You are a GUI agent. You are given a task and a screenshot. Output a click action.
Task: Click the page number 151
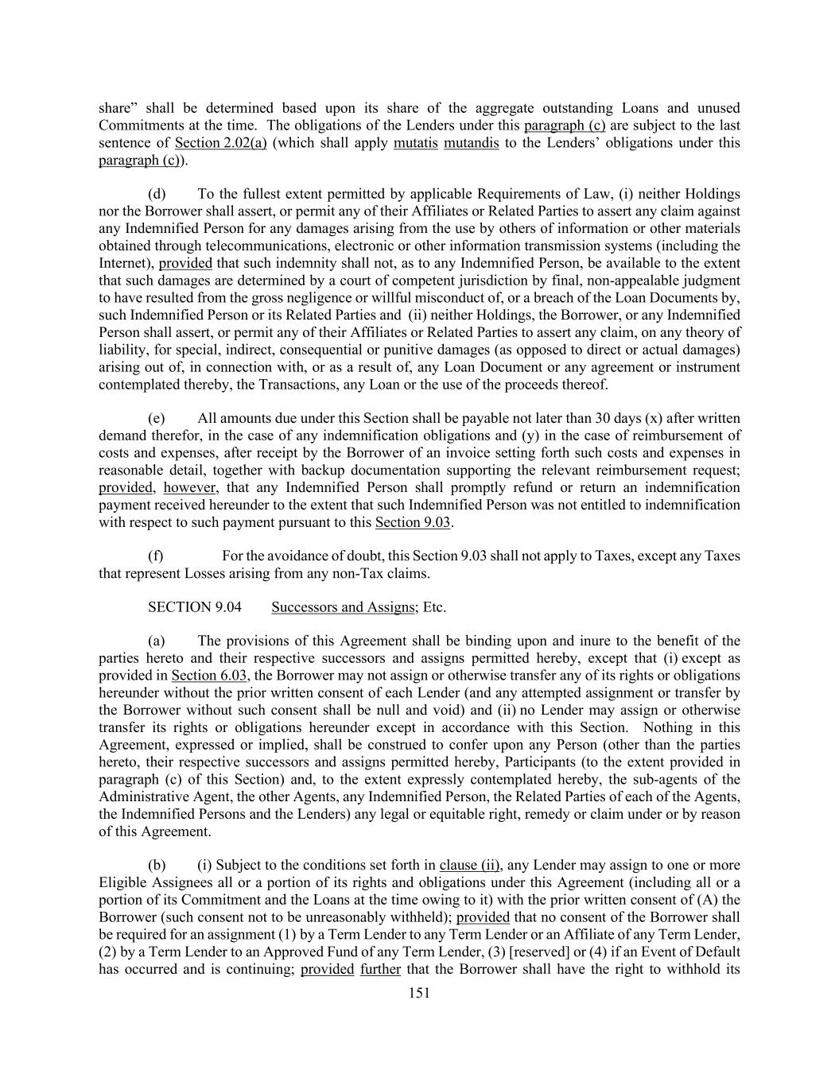pos(418,992)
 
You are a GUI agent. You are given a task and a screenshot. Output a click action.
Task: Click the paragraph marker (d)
pos(157,194)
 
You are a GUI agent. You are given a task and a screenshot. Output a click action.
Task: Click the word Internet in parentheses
pos(124,263)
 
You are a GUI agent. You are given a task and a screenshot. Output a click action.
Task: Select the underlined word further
pos(380,969)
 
